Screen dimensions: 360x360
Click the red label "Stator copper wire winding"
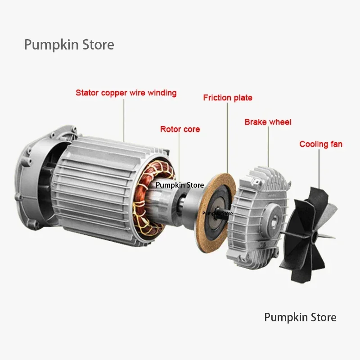tap(126, 93)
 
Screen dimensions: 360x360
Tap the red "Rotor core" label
tap(180, 129)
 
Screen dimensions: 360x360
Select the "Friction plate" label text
tap(228, 98)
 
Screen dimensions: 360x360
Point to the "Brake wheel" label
tap(268, 122)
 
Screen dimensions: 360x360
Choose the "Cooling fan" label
tap(321, 144)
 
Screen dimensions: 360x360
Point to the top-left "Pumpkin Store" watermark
tap(69, 45)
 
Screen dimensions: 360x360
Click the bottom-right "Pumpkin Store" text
tap(300, 317)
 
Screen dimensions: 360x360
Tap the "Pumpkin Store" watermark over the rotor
tap(180, 185)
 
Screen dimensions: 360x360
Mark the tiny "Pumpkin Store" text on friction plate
tap(218, 213)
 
